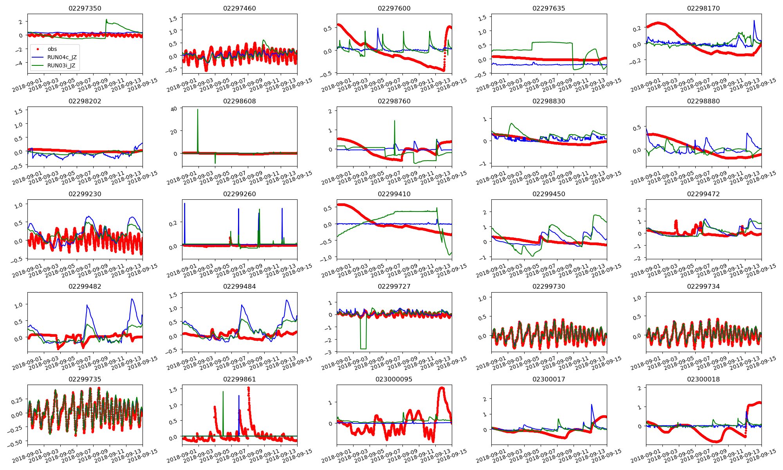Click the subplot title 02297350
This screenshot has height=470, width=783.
(85, 8)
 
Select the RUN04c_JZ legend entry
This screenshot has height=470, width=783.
(62, 57)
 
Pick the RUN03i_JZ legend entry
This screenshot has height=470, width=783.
(61, 65)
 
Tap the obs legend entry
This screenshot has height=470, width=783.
(52, 49)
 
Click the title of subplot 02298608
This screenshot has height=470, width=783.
(239, 101)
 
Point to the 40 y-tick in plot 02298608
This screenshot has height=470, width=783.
(174, 109)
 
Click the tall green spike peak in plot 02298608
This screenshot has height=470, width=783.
(198, 110)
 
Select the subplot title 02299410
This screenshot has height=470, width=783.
(394, 194)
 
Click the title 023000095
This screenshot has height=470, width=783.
(394, 379)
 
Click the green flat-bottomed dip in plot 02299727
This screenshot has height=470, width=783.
(363, 348)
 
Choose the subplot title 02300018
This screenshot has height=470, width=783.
(703, 379)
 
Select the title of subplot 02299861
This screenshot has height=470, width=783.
(239, 379)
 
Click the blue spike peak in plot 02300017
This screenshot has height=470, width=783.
(592, 405)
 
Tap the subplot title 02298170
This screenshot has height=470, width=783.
(703, 8)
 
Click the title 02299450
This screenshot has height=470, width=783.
(548, 194)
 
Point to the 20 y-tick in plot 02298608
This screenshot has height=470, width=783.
(174, 132)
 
